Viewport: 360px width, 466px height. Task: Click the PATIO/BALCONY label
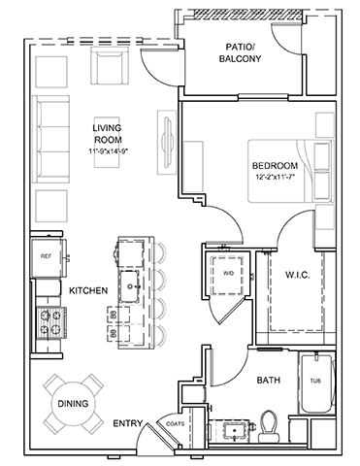(x=240, y=52)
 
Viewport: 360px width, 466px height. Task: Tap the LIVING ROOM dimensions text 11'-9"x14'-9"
(x=108, y=150)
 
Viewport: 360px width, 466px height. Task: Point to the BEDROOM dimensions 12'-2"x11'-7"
(x=275, y=177)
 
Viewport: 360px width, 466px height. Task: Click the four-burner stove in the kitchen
(x=51, y=322)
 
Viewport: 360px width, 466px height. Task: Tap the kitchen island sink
(x=129, y=286)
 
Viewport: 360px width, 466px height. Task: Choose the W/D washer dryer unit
(x=228, y=274)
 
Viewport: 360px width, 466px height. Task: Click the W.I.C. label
(x=298, y=275)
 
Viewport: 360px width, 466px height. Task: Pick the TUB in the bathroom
(x=315, y=383)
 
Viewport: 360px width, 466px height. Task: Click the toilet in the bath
(x=269, y=425)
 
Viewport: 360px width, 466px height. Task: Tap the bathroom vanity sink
(x=232, y=430)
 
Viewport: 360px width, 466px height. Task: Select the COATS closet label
(x=176, y=423)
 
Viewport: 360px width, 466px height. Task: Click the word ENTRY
(x=128, y=423)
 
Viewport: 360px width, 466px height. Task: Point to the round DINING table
(x=73, y=404)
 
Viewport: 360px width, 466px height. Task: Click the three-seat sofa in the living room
(x=51, y=140)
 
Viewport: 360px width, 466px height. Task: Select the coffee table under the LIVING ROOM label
(x=107, y=143)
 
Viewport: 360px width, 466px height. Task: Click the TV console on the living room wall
(x=167, y=143)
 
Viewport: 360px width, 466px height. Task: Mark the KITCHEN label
(x=88, y=290)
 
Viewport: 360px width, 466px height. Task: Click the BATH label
(x=269, y=380)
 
